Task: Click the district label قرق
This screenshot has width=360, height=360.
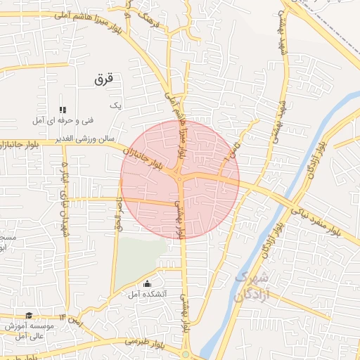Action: pyautogui.click(x=103, y=79)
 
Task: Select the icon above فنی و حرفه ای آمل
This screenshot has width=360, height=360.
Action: pyautogui.click(x=62, y=110)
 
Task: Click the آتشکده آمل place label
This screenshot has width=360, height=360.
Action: pyautogui.click(x=148, y=293)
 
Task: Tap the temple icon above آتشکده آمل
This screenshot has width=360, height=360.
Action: pyautogui.click(x=147, y=283)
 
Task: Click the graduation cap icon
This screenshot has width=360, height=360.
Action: pyautogui.click(x=29, y=316)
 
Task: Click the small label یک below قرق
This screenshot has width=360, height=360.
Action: pyautogui.click(x=117, y=105)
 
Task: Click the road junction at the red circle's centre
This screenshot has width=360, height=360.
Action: pyautogui.click(x=181, y=180)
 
